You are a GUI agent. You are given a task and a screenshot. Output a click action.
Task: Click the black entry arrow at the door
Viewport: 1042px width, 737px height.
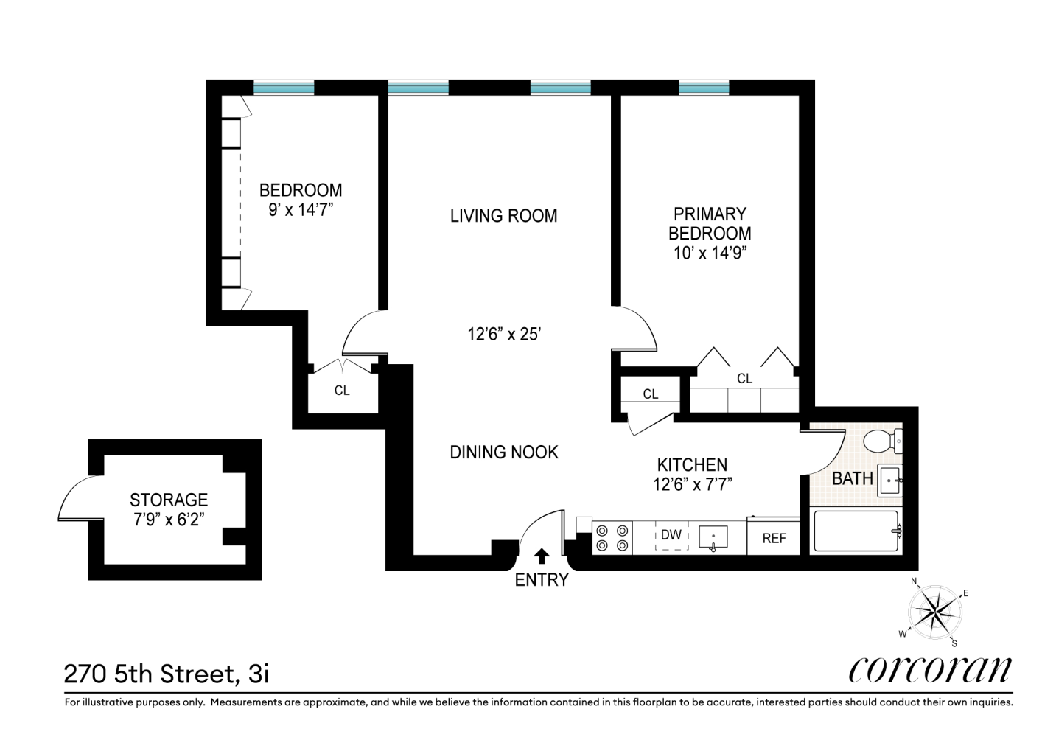[x=542, y=556]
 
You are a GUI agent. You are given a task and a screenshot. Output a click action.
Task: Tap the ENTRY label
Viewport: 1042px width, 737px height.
[x=542, y=580]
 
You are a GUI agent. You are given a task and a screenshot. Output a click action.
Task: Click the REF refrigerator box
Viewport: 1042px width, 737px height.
[x=774, y=537]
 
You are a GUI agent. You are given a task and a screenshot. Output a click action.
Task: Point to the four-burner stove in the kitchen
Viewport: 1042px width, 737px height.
[x=612, y=537]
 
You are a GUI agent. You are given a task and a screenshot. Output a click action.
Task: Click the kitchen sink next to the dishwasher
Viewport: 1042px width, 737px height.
[x=713, y=537]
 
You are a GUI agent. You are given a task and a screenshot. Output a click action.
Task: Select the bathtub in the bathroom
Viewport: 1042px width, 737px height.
[x=856, y=531]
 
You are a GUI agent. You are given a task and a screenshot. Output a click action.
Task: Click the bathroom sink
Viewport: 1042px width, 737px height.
[x=890, y=481]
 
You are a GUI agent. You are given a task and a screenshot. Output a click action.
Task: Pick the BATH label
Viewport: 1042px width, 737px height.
[x=852, y=478]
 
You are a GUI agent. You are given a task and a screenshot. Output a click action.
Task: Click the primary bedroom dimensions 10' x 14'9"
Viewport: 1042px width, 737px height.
[x=710, y=253]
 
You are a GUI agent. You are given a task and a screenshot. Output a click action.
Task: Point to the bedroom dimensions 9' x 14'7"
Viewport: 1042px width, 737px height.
[x=301, y=210]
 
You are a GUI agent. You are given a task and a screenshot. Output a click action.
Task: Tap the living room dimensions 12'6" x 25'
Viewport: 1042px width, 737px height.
[x=504, y=334]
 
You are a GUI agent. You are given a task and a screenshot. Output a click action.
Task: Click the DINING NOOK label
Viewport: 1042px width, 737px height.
[x=504, y=452]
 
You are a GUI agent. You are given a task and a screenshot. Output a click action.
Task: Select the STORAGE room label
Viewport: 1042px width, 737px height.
[x=169, y=500]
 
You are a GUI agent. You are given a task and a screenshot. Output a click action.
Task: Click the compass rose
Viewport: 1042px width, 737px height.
[x=934, y=612]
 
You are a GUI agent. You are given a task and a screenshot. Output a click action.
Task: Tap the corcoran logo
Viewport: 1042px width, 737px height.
[x=930, y=669]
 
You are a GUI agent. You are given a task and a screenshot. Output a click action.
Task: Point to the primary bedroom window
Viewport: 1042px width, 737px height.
[x=704, y=88]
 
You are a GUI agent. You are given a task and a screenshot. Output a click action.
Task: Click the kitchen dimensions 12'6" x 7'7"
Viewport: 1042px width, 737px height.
[x=692, y=484]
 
